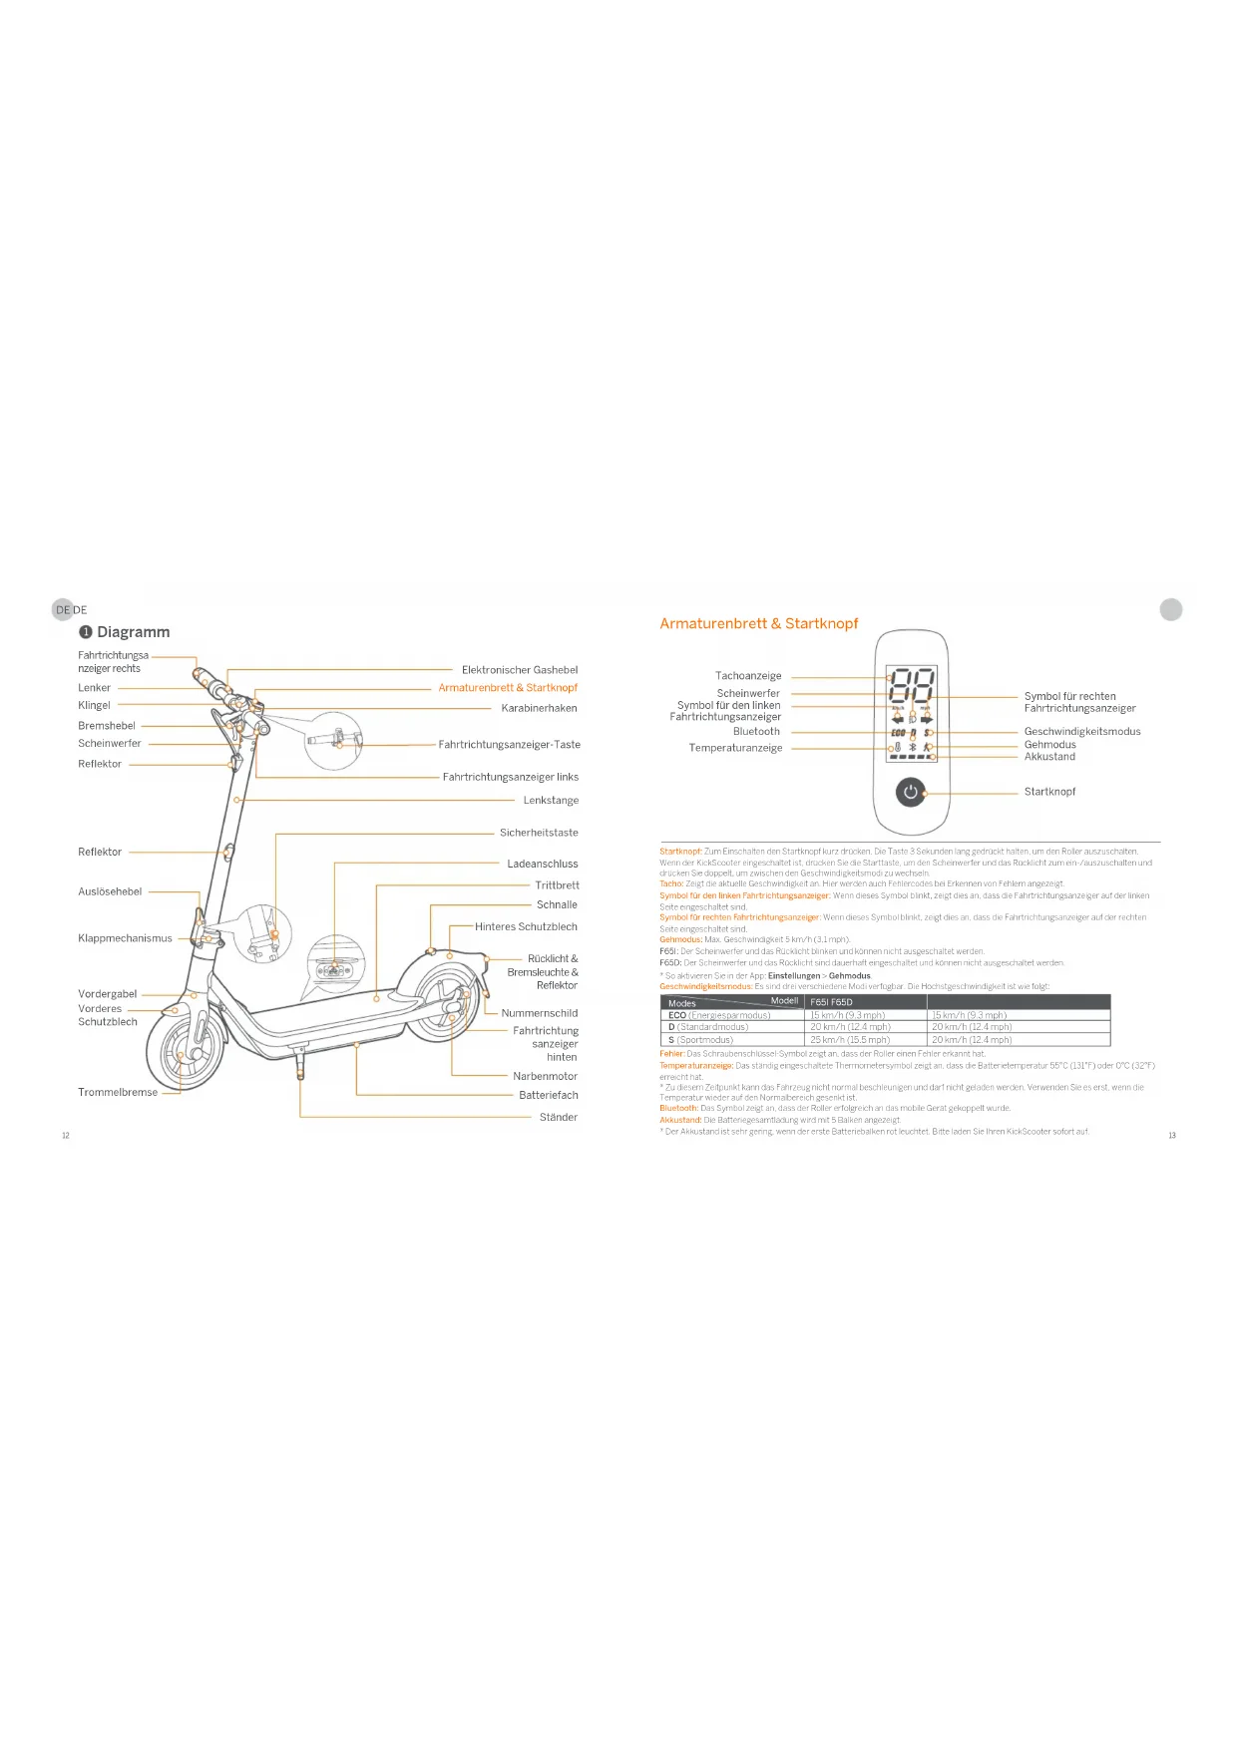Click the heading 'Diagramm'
pyautogui.click(x=133, y=632)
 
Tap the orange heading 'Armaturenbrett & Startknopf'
pyautogui.click(x=758, y=624)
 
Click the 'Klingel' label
pyautogui.click(x=94, y=706)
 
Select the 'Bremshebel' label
pyautogui.click(x=107, y=726)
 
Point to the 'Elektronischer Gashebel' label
pyautogui.click(x=520, y=670)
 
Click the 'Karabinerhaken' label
pyautogui.click(x=539, y=708)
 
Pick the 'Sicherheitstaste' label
pyautogui.click(x=539, y=833)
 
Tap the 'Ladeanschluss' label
pyautogui.click(x=542, y=865)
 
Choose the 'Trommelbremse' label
pyautogui.click(x=118, y=1093)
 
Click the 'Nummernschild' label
pyautogui.click(x=539, y=1013)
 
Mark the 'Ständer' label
pyautogui.click(x=558, y=1118)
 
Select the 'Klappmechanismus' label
pyautogui.click(x=125, y=938)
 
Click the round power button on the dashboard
pyautogui.click(x=910, y=794)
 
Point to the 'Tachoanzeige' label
pyautogui.click(x=748, y=676)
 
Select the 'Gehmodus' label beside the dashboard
pyautogui.click(x=1049, y=745)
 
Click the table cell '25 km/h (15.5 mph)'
pyautogui.click(x=850, y=1040)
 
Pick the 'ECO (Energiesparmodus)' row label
pyautogui.click(x=719, y=1015)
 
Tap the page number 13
pyautogui.click(x=1172, y=1136)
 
